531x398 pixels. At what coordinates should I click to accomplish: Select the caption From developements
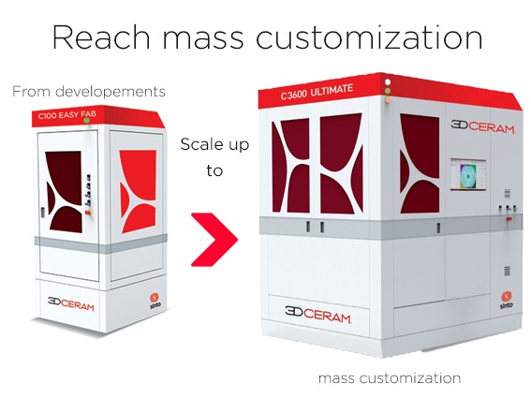[x=89, y=92]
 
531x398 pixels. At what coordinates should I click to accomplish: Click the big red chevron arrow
[x=214, y=240]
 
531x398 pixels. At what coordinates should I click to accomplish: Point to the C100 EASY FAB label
[x=67, y=115]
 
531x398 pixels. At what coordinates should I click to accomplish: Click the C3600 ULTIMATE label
[x=317, y=92]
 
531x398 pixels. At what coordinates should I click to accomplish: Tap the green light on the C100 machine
[x=87, y=120]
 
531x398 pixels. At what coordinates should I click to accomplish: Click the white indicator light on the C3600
[x=388, y=82]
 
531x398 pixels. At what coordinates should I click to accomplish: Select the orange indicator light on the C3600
[x=388, y=100]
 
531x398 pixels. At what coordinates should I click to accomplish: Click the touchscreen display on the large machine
[x=468, y=174]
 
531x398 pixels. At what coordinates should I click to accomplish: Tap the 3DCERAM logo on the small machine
[x=70, y=303]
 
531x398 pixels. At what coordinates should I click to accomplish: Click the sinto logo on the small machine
[x=155, y=301]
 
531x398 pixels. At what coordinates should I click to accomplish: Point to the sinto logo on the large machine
[x=507, y=300]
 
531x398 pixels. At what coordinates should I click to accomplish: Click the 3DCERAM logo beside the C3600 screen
[x=482, y=126]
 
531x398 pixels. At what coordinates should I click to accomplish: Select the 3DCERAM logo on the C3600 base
[x=317, y=315]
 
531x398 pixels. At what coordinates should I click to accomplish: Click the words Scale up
[x=214, y=144]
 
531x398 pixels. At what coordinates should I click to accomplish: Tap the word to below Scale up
[x=214, y=170]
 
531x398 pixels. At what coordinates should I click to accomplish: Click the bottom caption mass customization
[x=390, y=378]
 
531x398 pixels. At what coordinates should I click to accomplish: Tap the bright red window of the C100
[x=139, y=191]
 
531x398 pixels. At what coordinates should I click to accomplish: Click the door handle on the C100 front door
[x=43, y=212]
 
